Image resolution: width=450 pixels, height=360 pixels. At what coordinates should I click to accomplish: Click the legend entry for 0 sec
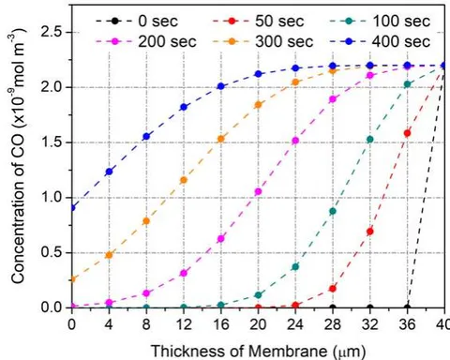pyautogui.click(x=137, y=22)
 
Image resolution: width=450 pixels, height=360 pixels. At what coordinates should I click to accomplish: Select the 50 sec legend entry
pyautogui.click(x=259, y=22)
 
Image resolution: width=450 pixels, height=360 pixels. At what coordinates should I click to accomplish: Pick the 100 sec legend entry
pyautogui.click(x=380, y=22)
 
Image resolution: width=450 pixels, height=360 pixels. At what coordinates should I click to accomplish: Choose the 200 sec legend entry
pyautogui.click(x=146, y=41)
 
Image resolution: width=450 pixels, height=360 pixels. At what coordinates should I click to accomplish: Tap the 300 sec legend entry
pyautogui.click(x=263, y=41)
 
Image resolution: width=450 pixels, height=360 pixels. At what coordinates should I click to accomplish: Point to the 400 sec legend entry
pyautogui.click(x=380, y=41)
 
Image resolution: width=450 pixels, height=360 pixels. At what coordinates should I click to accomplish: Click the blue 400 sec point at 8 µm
pyautogui.click(x=146, y=136)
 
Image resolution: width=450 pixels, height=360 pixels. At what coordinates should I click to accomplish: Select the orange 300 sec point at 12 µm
pyautogui.click(x=184, y=180)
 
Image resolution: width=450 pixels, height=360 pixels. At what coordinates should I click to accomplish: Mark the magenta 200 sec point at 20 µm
pyautogui.click(x=258, y=191)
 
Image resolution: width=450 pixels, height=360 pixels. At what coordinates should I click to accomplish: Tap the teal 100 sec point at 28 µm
pyautogui.click(x=333, y=211)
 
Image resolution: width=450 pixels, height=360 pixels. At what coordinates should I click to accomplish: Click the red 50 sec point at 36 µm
pyautogui.click(x=408, y=133)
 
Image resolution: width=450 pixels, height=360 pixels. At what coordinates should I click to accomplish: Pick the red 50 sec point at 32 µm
pyautogui.click(x=370, y=232)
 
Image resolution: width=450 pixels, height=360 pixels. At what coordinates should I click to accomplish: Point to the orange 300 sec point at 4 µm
pyautogui.click(x=109, y=255)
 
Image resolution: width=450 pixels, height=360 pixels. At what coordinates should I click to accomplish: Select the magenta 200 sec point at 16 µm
pyautogui.click(x=221, y=239)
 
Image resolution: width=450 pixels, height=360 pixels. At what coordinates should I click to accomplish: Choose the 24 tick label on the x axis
pyautogui.click(x=295, y=324)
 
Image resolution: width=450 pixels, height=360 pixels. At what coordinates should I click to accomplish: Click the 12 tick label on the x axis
pyautogui.click(x=184, y=324)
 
